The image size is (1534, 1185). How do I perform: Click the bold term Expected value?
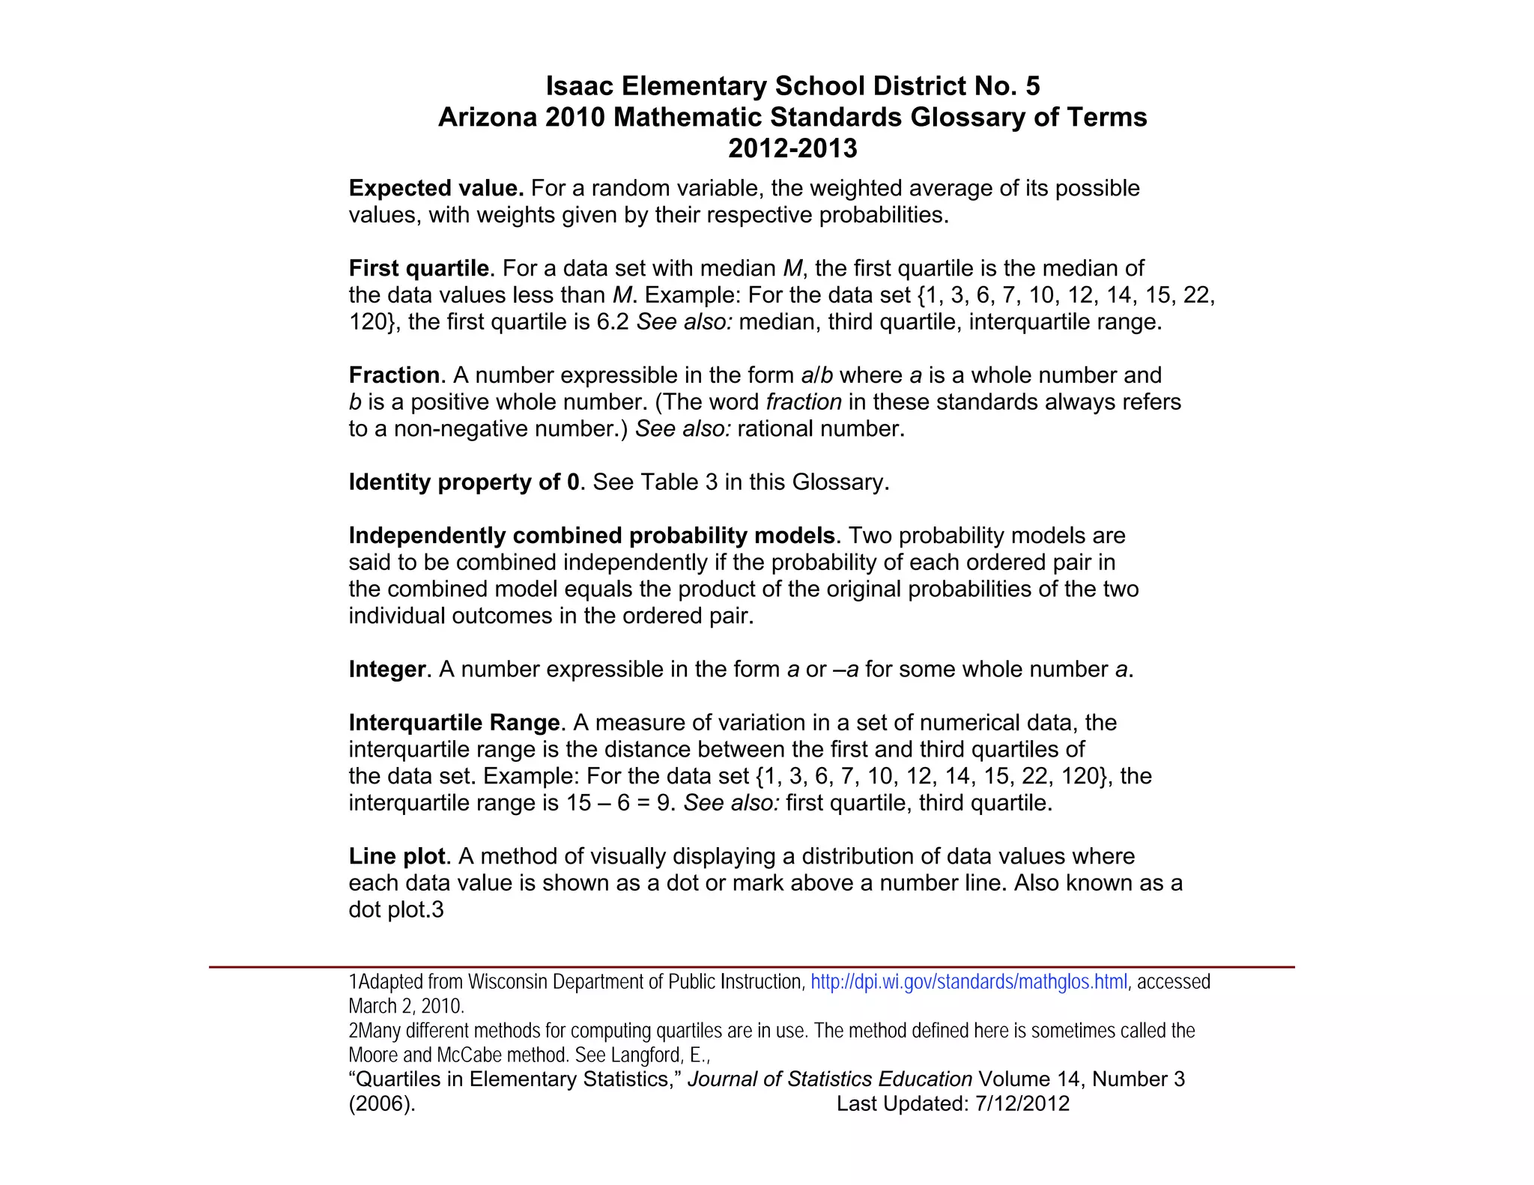click(436, 188)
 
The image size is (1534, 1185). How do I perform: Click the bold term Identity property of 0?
click(464, 482)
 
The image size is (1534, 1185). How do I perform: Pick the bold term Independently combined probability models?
click(592, 536)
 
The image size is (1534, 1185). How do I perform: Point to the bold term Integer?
click(386, 670)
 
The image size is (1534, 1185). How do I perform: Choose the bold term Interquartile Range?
click(454, 723)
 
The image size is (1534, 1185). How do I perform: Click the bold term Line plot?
click(396, 856)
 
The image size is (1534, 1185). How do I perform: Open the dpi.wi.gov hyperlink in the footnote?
click(968, 982)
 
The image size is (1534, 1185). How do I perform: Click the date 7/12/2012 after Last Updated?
click(1022, 1104)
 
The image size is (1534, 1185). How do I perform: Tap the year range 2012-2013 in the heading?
click(792, 148)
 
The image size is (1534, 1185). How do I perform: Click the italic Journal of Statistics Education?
click(830, 1079)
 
